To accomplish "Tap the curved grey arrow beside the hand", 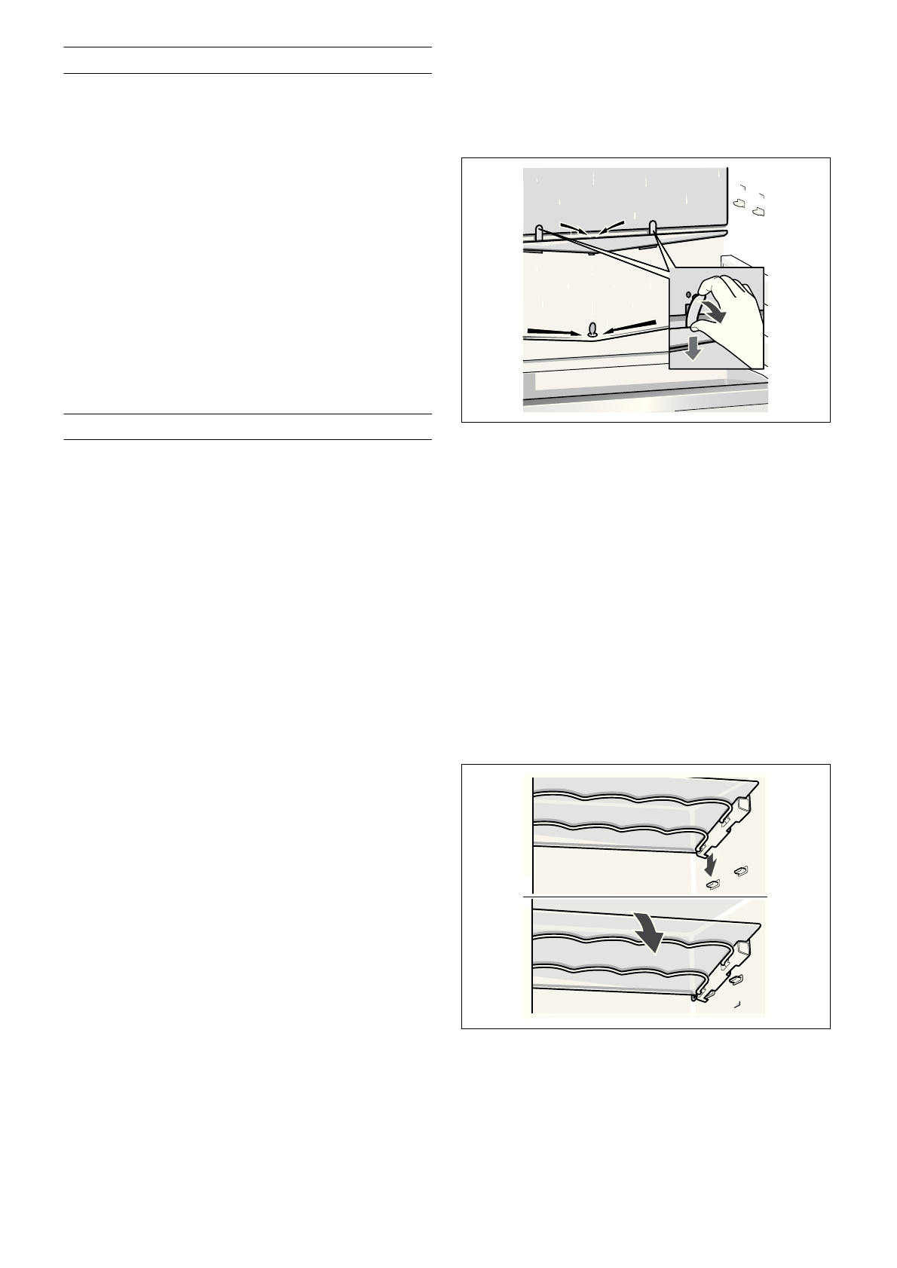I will click(715, 312).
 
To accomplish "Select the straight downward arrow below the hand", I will click(693, 349).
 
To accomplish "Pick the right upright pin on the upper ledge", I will click(654, 227).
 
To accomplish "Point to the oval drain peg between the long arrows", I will click(592, 328).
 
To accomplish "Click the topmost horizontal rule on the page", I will click(246, 47).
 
